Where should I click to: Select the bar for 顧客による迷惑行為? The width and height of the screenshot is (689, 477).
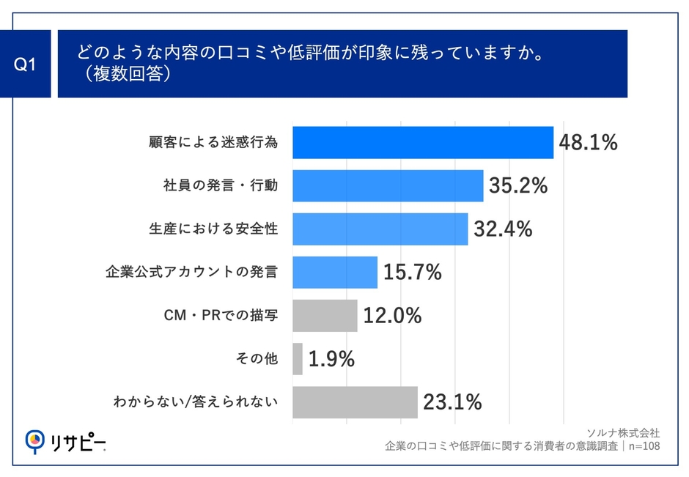coord(423,143)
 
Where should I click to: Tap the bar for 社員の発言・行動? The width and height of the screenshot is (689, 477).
coord(388,186)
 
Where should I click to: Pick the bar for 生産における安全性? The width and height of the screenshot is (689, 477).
coord(380,229)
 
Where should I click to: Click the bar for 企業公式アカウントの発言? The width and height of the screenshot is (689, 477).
coord(335,273)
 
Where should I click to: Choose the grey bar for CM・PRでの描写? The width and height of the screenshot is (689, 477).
coord(325,316)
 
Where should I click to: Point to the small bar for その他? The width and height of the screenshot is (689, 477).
coord(298,359)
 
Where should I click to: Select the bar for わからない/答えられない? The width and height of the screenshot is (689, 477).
coord(355,402)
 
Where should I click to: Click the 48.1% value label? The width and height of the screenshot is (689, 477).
coord(588,143)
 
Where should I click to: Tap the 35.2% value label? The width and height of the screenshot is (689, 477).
coord(517,186)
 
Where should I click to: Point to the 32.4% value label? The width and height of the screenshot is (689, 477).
coord(502,229)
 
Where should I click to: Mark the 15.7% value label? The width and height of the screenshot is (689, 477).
coord(412,273)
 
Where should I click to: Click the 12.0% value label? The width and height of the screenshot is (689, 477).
coord(392,316)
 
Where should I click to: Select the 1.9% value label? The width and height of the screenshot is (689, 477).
coord(331,359)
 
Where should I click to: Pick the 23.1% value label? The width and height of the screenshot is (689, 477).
coord(452,402)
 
